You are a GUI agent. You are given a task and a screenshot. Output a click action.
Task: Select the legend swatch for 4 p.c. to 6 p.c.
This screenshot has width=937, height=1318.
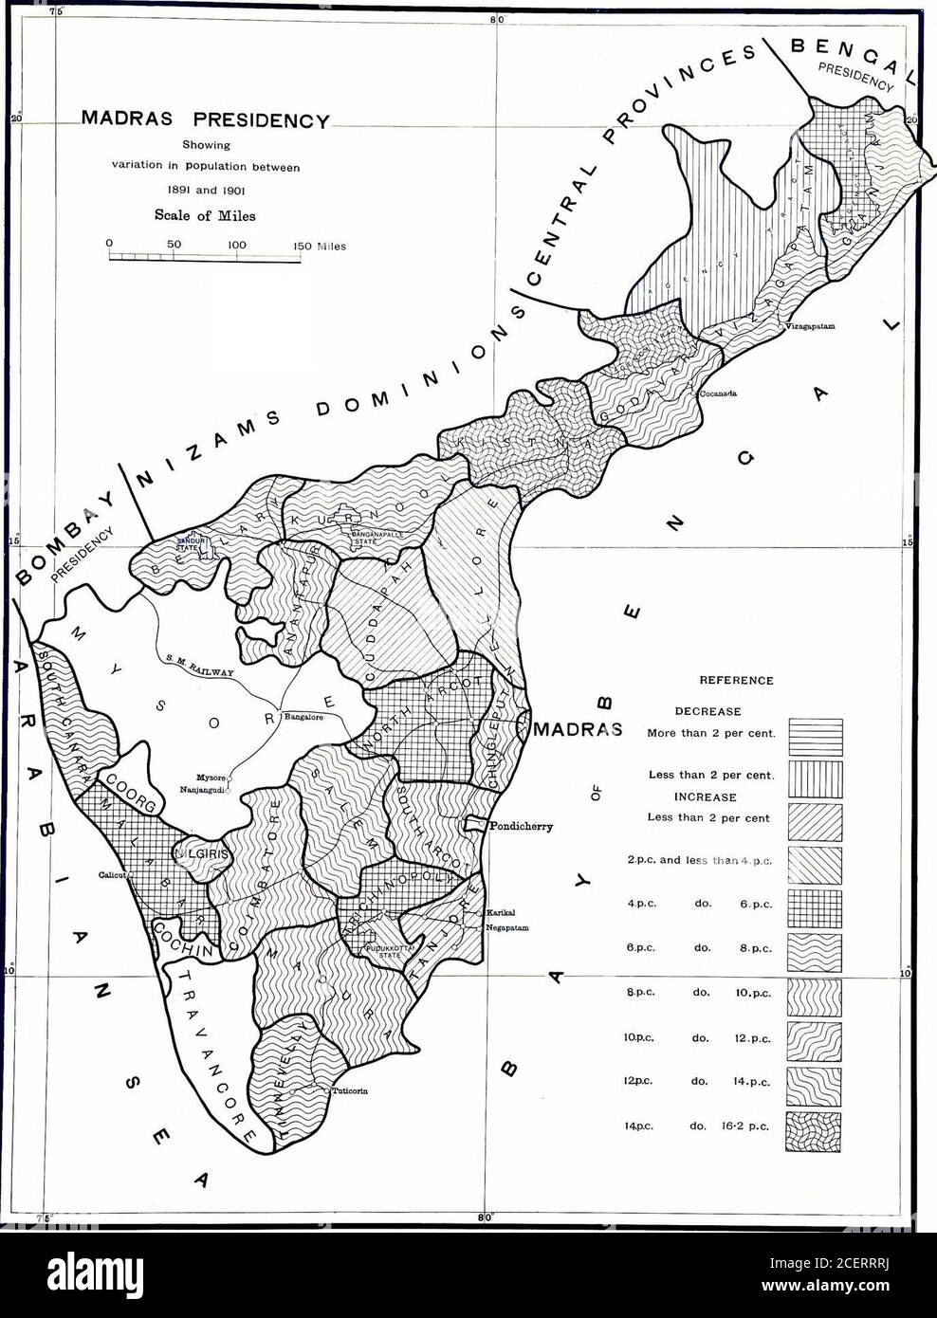814,904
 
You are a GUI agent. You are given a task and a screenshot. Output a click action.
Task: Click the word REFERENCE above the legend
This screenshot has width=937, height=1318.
735,680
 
